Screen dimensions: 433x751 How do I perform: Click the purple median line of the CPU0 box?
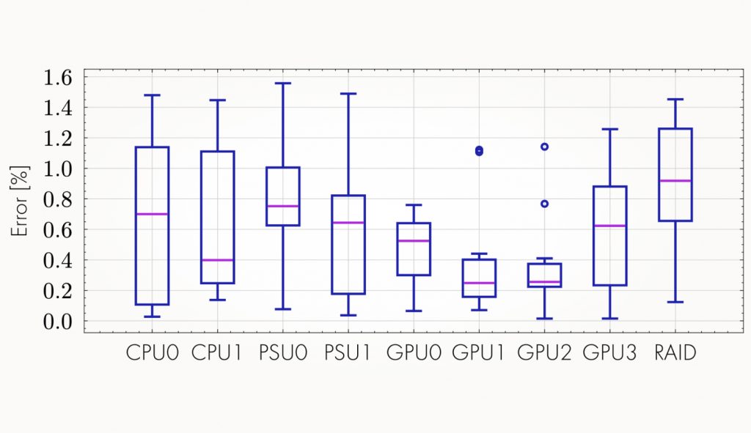pos(152,214)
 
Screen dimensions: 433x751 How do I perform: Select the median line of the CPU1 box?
pos(217,260)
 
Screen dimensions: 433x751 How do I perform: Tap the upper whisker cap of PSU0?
pos(282,84)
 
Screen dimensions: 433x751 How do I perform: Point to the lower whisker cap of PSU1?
pos(348,315)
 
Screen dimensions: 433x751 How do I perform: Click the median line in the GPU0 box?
pos(414,240)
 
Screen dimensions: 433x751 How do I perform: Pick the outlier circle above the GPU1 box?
pos(479,151)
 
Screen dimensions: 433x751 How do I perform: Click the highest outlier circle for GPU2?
pos(544,147)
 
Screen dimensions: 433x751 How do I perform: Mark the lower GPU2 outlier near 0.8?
pos(544,204)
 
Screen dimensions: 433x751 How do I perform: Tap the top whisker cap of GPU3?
pos(609,129)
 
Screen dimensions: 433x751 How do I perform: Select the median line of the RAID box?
pos(675,180)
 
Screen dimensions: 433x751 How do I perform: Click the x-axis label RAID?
pos(675,353)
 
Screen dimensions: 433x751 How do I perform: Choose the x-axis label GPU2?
pos(544,353)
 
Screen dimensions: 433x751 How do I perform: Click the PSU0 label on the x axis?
pos(282,353)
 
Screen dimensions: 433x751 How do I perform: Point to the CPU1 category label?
pos(217,353)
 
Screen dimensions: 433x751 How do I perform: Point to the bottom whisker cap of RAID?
pos(675,302)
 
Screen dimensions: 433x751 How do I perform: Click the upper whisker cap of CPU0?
pos(152,95)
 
